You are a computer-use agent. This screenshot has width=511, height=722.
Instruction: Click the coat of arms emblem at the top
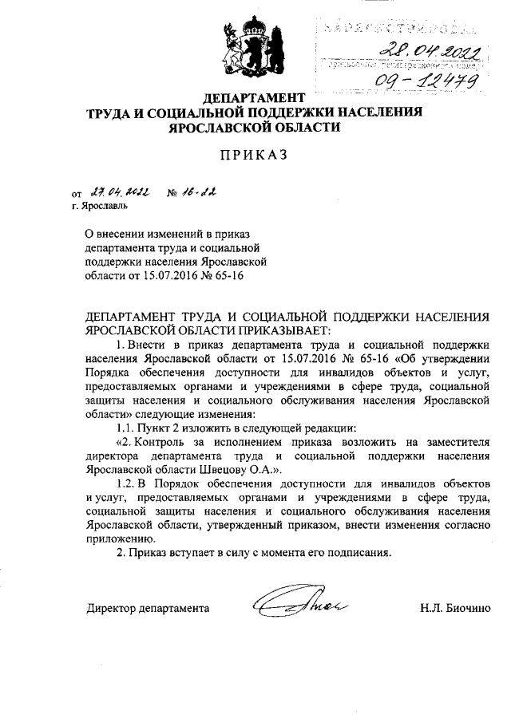point(253,45)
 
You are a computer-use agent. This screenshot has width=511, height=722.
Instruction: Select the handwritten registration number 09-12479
point(423,80)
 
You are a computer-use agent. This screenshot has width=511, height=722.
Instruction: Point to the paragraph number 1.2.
point(126,483)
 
